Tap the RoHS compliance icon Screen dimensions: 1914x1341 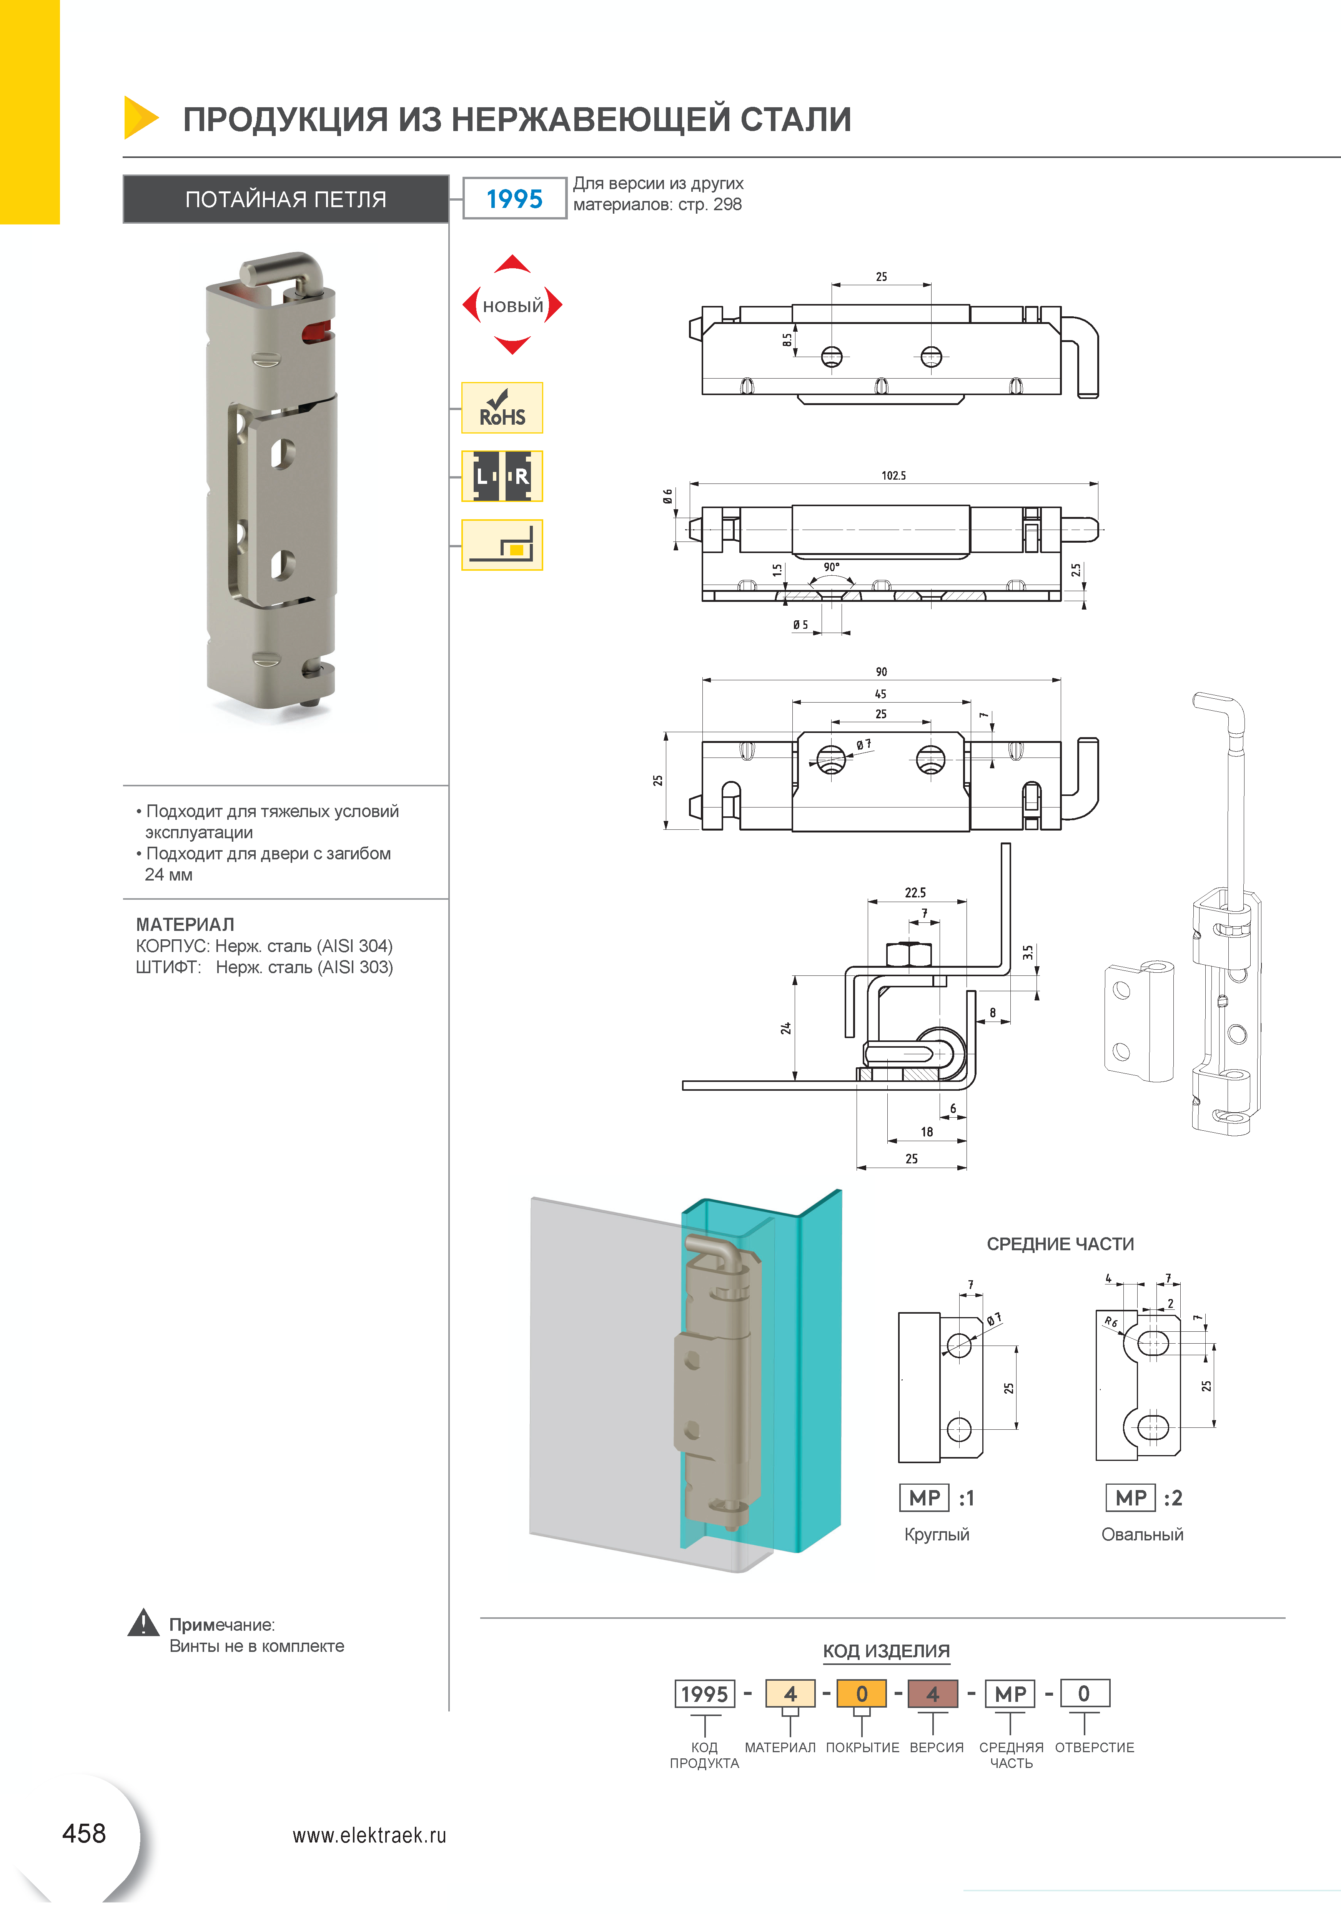pyautogui.click(x=502, y=408)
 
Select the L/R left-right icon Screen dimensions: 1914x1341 pyautogui.click(x=502, y=476)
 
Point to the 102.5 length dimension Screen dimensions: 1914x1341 pyautogui.click(x=893, y=475)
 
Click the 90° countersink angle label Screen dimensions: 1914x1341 pyautogui.click(x=832, y=567)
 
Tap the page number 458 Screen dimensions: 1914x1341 pyautogui.click(x=84, y=1833)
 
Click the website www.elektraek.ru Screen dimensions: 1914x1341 pyautogui.click(x=369, y=1835)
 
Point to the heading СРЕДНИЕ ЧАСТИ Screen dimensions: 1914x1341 pyautogui.click(x=1060, y=1244)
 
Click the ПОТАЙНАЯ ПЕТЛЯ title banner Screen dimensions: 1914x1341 pyautogui.click(x=286, y=199)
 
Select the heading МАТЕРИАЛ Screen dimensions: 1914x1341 pyautogui.click(x=185, y=924)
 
